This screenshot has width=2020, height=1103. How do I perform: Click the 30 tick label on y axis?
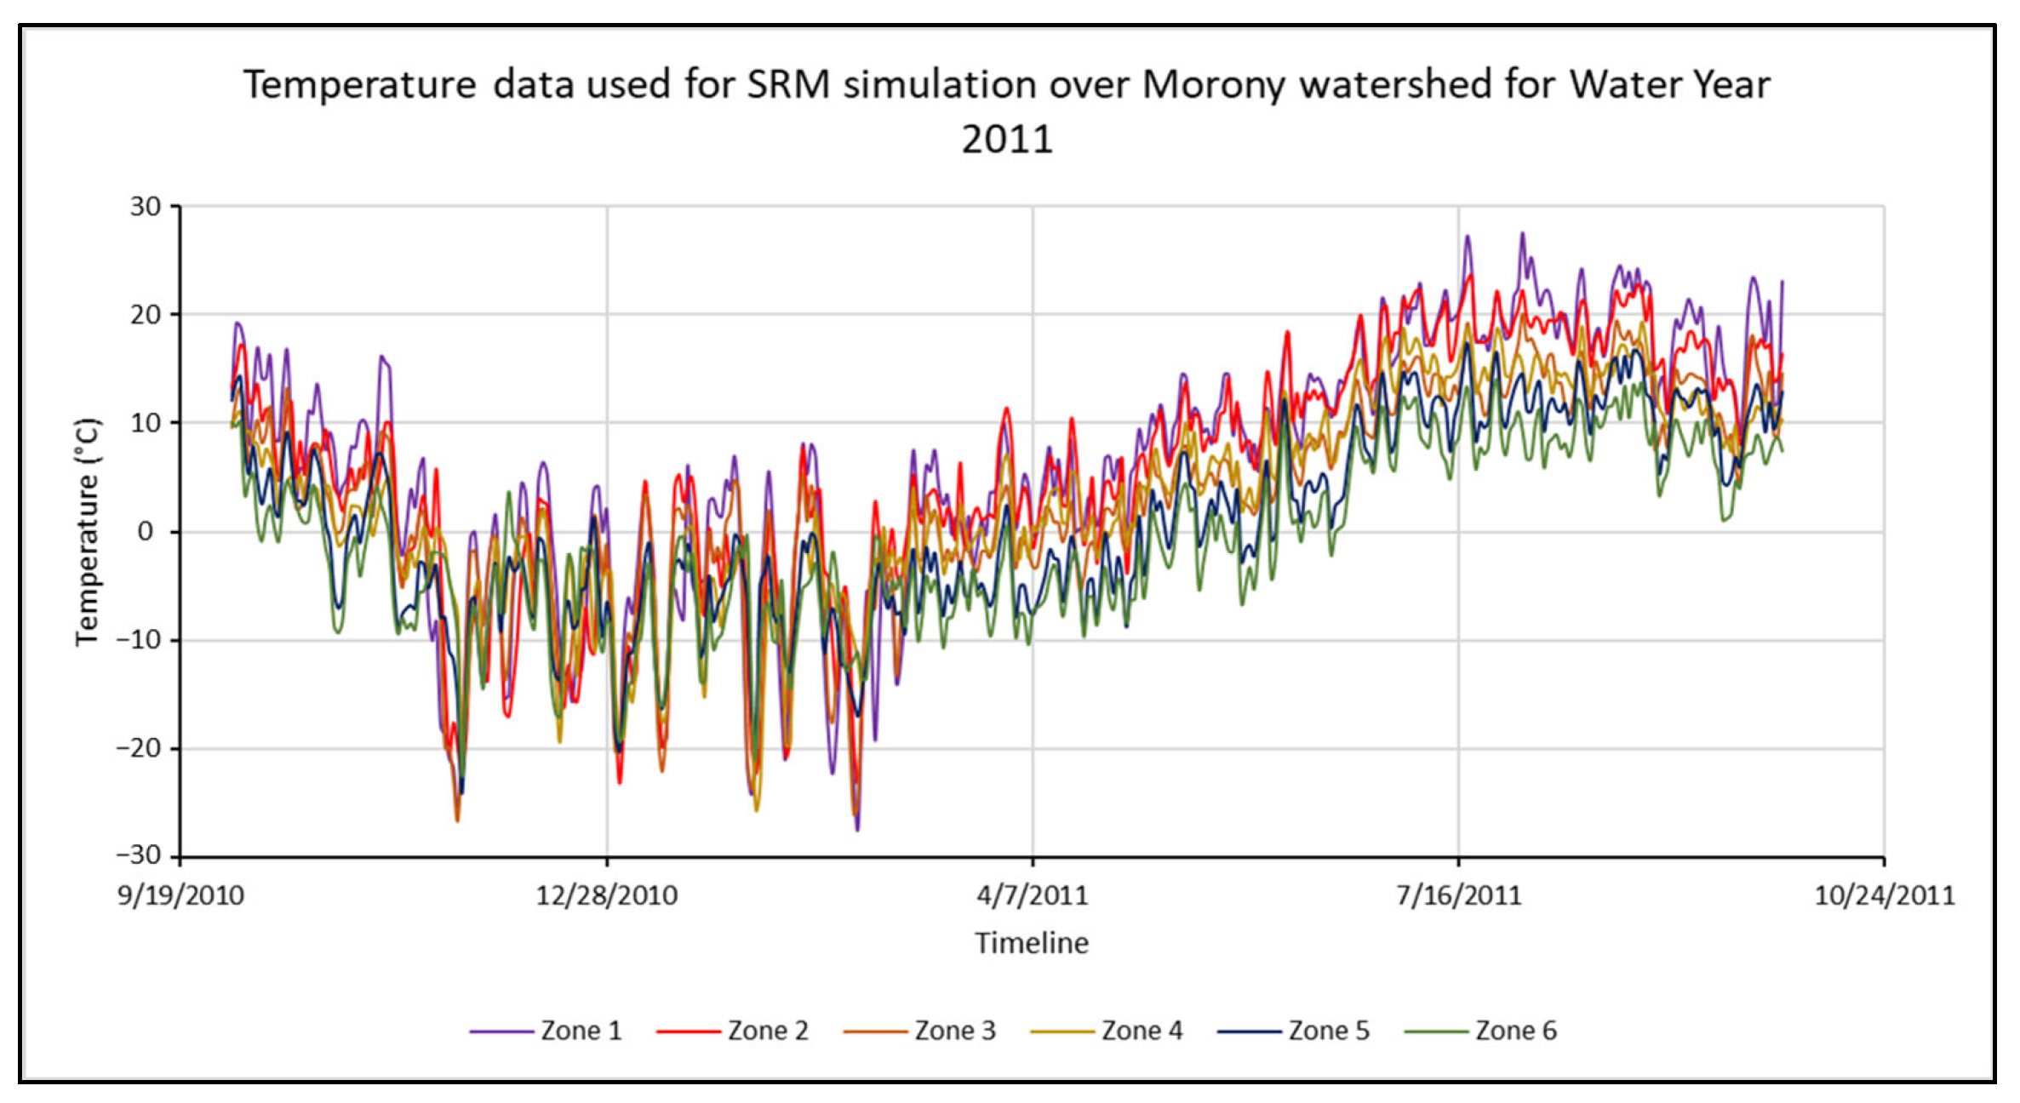145,207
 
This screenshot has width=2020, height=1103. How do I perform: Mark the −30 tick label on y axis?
138,854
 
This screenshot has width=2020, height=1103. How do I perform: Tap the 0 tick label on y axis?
146,532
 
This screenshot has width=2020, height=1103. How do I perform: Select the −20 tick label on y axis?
138,748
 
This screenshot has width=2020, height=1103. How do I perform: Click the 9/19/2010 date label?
180,895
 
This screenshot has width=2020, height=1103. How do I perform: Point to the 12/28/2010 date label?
606,895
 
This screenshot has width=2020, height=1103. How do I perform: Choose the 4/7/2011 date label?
1032,895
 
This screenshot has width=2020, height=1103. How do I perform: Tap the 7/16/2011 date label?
1458,895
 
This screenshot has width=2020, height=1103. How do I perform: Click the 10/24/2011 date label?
1884,895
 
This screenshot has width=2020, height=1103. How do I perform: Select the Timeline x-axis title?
1032,943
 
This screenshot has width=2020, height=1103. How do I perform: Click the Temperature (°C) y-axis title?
88,532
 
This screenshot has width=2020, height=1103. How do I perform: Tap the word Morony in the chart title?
1212,85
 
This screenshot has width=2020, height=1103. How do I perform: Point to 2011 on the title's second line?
1007,139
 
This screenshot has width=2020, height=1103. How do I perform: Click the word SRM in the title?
787,85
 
